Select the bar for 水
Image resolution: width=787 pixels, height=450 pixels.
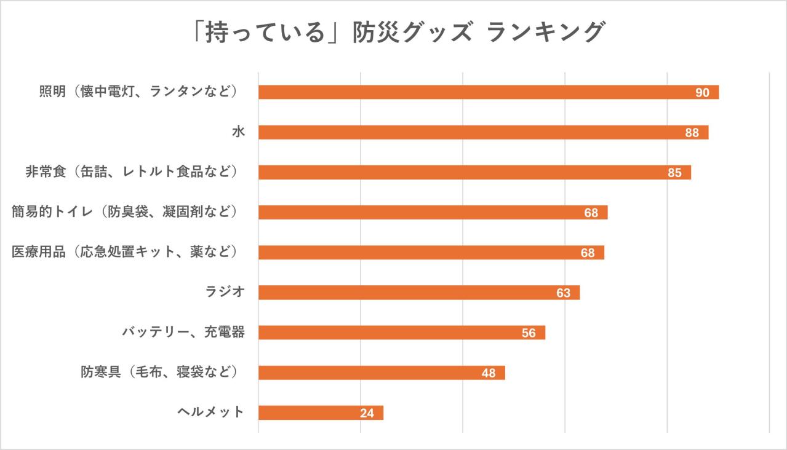483,132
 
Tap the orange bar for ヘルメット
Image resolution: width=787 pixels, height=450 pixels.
321,412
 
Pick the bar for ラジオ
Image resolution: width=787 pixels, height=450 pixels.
418,293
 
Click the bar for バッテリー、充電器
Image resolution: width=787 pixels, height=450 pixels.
401,333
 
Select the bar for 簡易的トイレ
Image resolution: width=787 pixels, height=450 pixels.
433,213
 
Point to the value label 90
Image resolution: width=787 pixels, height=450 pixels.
702,93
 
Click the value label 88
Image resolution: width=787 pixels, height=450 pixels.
692,133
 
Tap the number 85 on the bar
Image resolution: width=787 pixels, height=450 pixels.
674,173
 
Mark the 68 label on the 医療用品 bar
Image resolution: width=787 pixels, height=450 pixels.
588,253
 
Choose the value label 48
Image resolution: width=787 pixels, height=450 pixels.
489,373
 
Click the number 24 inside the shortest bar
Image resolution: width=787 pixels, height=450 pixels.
367,413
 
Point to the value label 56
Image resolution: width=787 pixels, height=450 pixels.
529,333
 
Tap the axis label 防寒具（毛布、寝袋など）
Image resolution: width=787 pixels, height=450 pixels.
159,372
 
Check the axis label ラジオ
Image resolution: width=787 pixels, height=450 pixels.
225,292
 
